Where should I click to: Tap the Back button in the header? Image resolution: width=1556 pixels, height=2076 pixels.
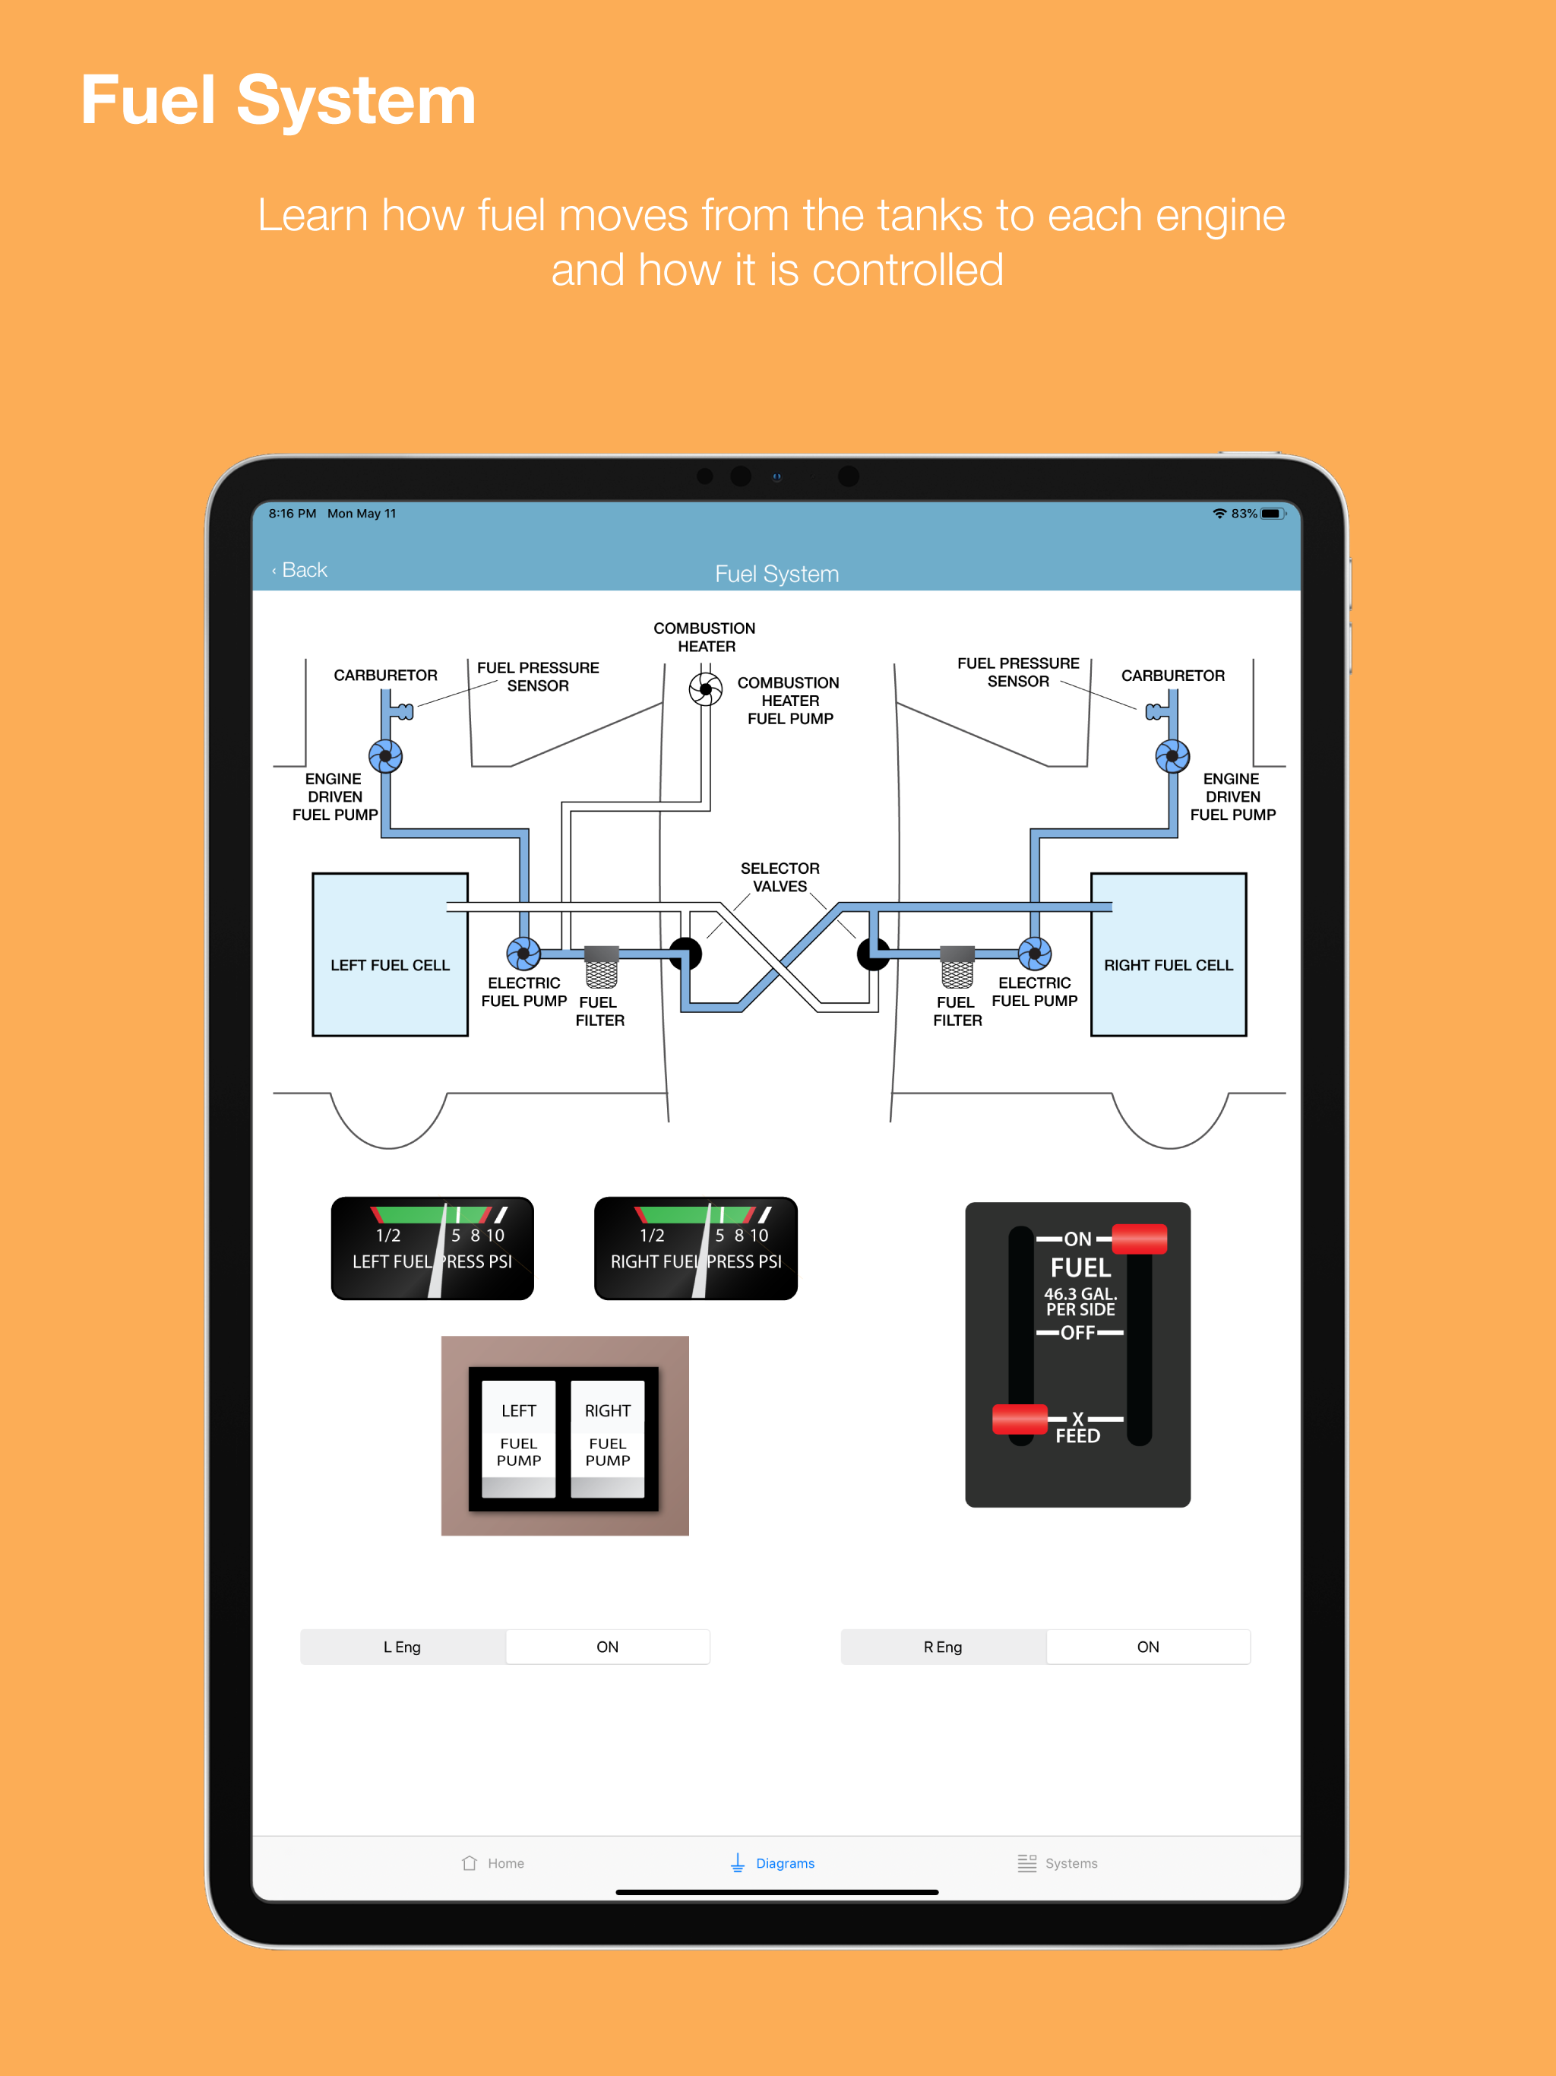pos(300,571)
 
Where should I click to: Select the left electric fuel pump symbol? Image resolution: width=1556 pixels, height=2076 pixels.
pos(523,954)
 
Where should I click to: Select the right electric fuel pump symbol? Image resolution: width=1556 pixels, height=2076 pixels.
pos(1034,954)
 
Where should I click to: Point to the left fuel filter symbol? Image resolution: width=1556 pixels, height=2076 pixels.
pos(602,967)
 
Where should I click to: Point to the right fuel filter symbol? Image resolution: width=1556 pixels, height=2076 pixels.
pos(957,967)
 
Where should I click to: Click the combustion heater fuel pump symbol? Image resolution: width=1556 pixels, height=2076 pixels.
pos(706,690)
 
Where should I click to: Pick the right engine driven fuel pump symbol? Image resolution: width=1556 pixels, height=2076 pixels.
pos(1172,755)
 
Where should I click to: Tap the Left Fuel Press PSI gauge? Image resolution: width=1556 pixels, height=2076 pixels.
pos(432,1248)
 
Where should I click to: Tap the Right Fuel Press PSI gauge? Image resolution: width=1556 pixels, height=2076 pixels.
pos(695,1248)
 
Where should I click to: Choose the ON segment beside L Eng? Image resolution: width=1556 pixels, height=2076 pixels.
pos(607,1647)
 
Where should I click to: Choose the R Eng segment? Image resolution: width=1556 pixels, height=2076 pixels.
pos(942,1647)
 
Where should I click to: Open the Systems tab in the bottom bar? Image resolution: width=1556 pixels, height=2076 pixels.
pos(1058,1863)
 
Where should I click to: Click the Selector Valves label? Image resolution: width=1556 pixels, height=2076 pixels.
pos(780,878)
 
